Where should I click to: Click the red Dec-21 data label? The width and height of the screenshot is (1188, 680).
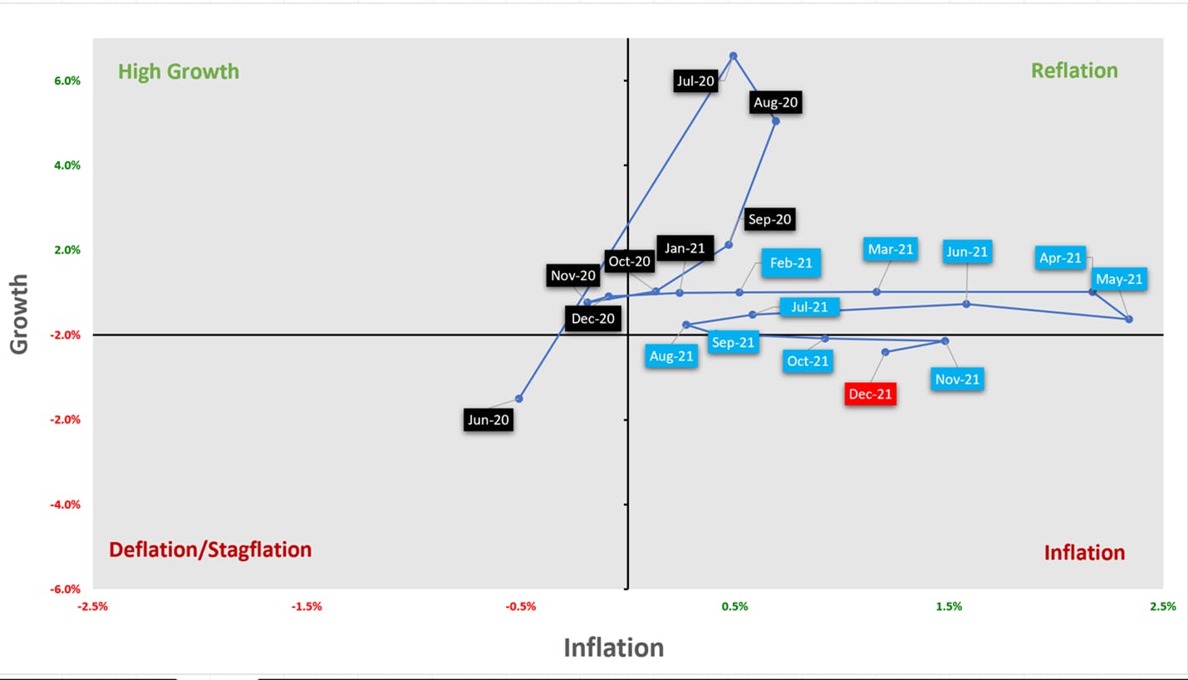871,394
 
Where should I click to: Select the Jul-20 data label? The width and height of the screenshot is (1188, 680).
695,81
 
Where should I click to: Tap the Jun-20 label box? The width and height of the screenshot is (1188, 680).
488,420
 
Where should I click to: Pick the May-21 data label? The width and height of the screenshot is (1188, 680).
1119,279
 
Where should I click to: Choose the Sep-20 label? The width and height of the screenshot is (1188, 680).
769,219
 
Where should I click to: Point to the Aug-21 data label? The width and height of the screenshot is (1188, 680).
671,356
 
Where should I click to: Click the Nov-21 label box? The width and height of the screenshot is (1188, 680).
957,379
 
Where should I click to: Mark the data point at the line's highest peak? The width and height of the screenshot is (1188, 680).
733,56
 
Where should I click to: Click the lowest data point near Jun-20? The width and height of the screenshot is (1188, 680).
518,399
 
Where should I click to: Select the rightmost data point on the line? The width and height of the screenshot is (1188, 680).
1129,319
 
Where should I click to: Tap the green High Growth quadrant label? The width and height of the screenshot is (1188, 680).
179,71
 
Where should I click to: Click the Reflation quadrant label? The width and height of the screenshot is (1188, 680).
1074,71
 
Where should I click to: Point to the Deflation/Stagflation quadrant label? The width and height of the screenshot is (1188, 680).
210,550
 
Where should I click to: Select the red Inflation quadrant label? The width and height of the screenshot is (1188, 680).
1085,552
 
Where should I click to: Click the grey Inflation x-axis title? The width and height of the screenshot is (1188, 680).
614,647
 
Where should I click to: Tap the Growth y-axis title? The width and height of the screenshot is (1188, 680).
18,315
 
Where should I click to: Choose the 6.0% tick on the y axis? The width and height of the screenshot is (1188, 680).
67,81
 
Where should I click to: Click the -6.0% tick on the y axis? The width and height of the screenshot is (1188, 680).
66,589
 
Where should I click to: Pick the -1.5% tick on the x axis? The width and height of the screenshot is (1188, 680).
307,606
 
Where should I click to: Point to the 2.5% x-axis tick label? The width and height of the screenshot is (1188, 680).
1163,606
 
